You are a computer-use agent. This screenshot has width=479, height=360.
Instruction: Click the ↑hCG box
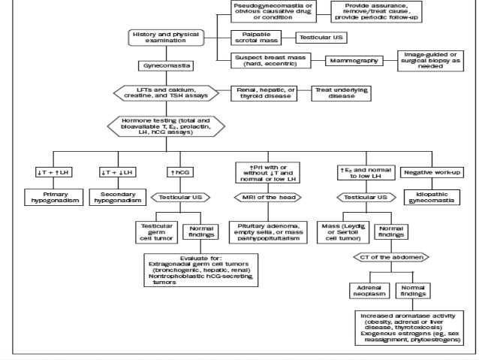[x=178, y=172]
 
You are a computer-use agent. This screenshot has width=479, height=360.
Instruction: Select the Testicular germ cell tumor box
[x=155, y=231]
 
